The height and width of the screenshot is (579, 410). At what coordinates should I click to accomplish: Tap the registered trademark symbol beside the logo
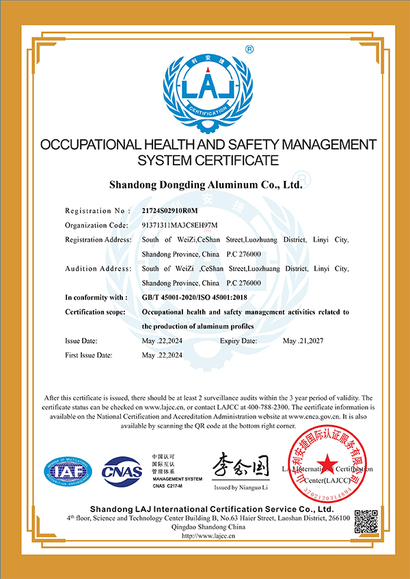click(249, 49)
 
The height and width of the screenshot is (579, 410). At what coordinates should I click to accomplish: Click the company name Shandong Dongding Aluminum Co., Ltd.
click(206, 184)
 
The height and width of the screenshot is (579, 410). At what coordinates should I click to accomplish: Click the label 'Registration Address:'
click(96, 239)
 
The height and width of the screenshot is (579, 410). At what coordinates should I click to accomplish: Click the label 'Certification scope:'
click(96, 311)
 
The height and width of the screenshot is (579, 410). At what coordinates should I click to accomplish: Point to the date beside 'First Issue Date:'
click(161, 355)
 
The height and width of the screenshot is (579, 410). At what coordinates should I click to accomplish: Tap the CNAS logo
click(122, 471)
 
